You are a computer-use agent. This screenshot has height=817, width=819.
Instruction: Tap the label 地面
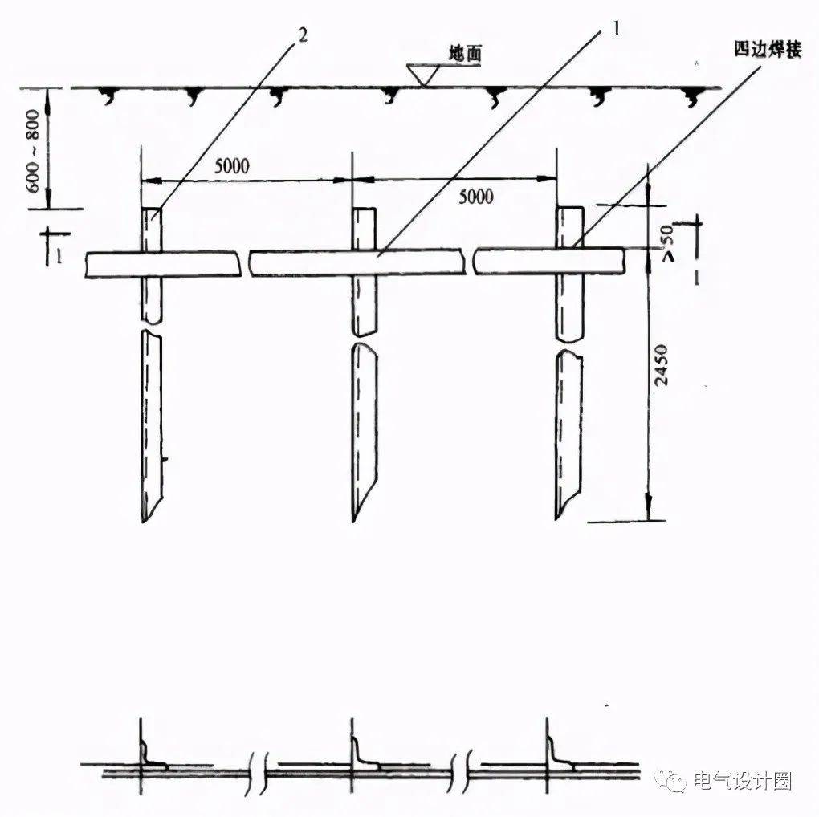tap(465, 56)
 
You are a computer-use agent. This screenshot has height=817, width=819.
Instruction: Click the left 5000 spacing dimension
tap(232, 166)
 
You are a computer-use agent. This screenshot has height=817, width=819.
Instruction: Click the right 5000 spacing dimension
tap(475, 196)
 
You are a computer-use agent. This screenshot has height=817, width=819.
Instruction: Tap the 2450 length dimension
tap(661, 365)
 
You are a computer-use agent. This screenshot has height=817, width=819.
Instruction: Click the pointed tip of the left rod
tap(143, 520)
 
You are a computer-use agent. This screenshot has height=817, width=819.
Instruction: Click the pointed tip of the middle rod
tap(353, 520)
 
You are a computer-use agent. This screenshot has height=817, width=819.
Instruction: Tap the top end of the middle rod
tap(364, 209)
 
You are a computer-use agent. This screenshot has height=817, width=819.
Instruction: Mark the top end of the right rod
tap(570, 209)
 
